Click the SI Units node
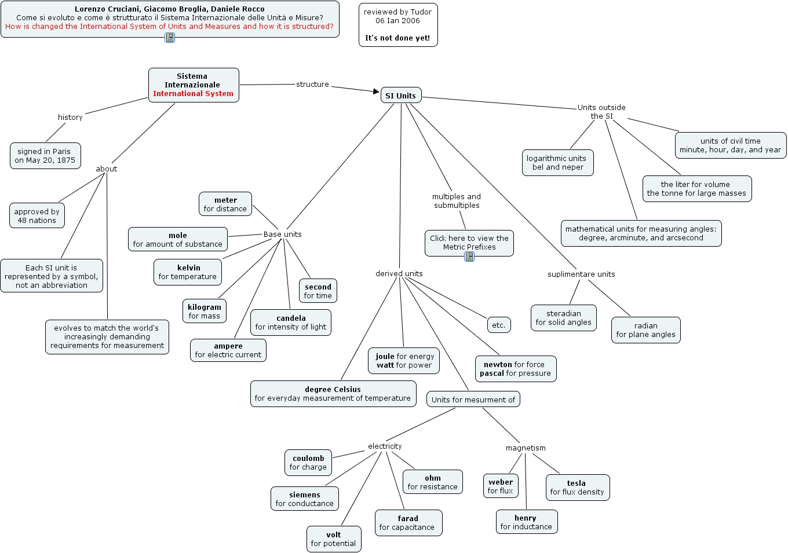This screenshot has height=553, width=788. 401,96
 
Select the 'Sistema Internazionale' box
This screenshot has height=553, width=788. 194,85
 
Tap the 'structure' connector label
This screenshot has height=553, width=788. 312,85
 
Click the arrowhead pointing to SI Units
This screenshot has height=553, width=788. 376,91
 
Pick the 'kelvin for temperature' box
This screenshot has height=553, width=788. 188,272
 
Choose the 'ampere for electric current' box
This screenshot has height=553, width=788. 228,350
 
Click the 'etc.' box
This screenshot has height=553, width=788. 499,325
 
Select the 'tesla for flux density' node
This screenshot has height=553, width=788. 577,488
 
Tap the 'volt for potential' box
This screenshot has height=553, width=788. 334,539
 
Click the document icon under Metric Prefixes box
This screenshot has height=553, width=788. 469,257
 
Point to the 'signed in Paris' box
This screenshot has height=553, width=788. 45,156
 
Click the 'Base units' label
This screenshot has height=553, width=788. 282,235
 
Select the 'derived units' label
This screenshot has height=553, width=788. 399,274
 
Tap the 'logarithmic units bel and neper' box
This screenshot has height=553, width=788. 557,163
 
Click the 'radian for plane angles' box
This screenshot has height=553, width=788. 645,330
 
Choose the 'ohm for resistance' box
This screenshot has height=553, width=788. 433,482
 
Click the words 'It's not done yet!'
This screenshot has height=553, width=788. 397,38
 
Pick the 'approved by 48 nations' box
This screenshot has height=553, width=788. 37,216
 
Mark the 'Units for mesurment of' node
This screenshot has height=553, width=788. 473,400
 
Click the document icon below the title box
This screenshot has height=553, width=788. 170,38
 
